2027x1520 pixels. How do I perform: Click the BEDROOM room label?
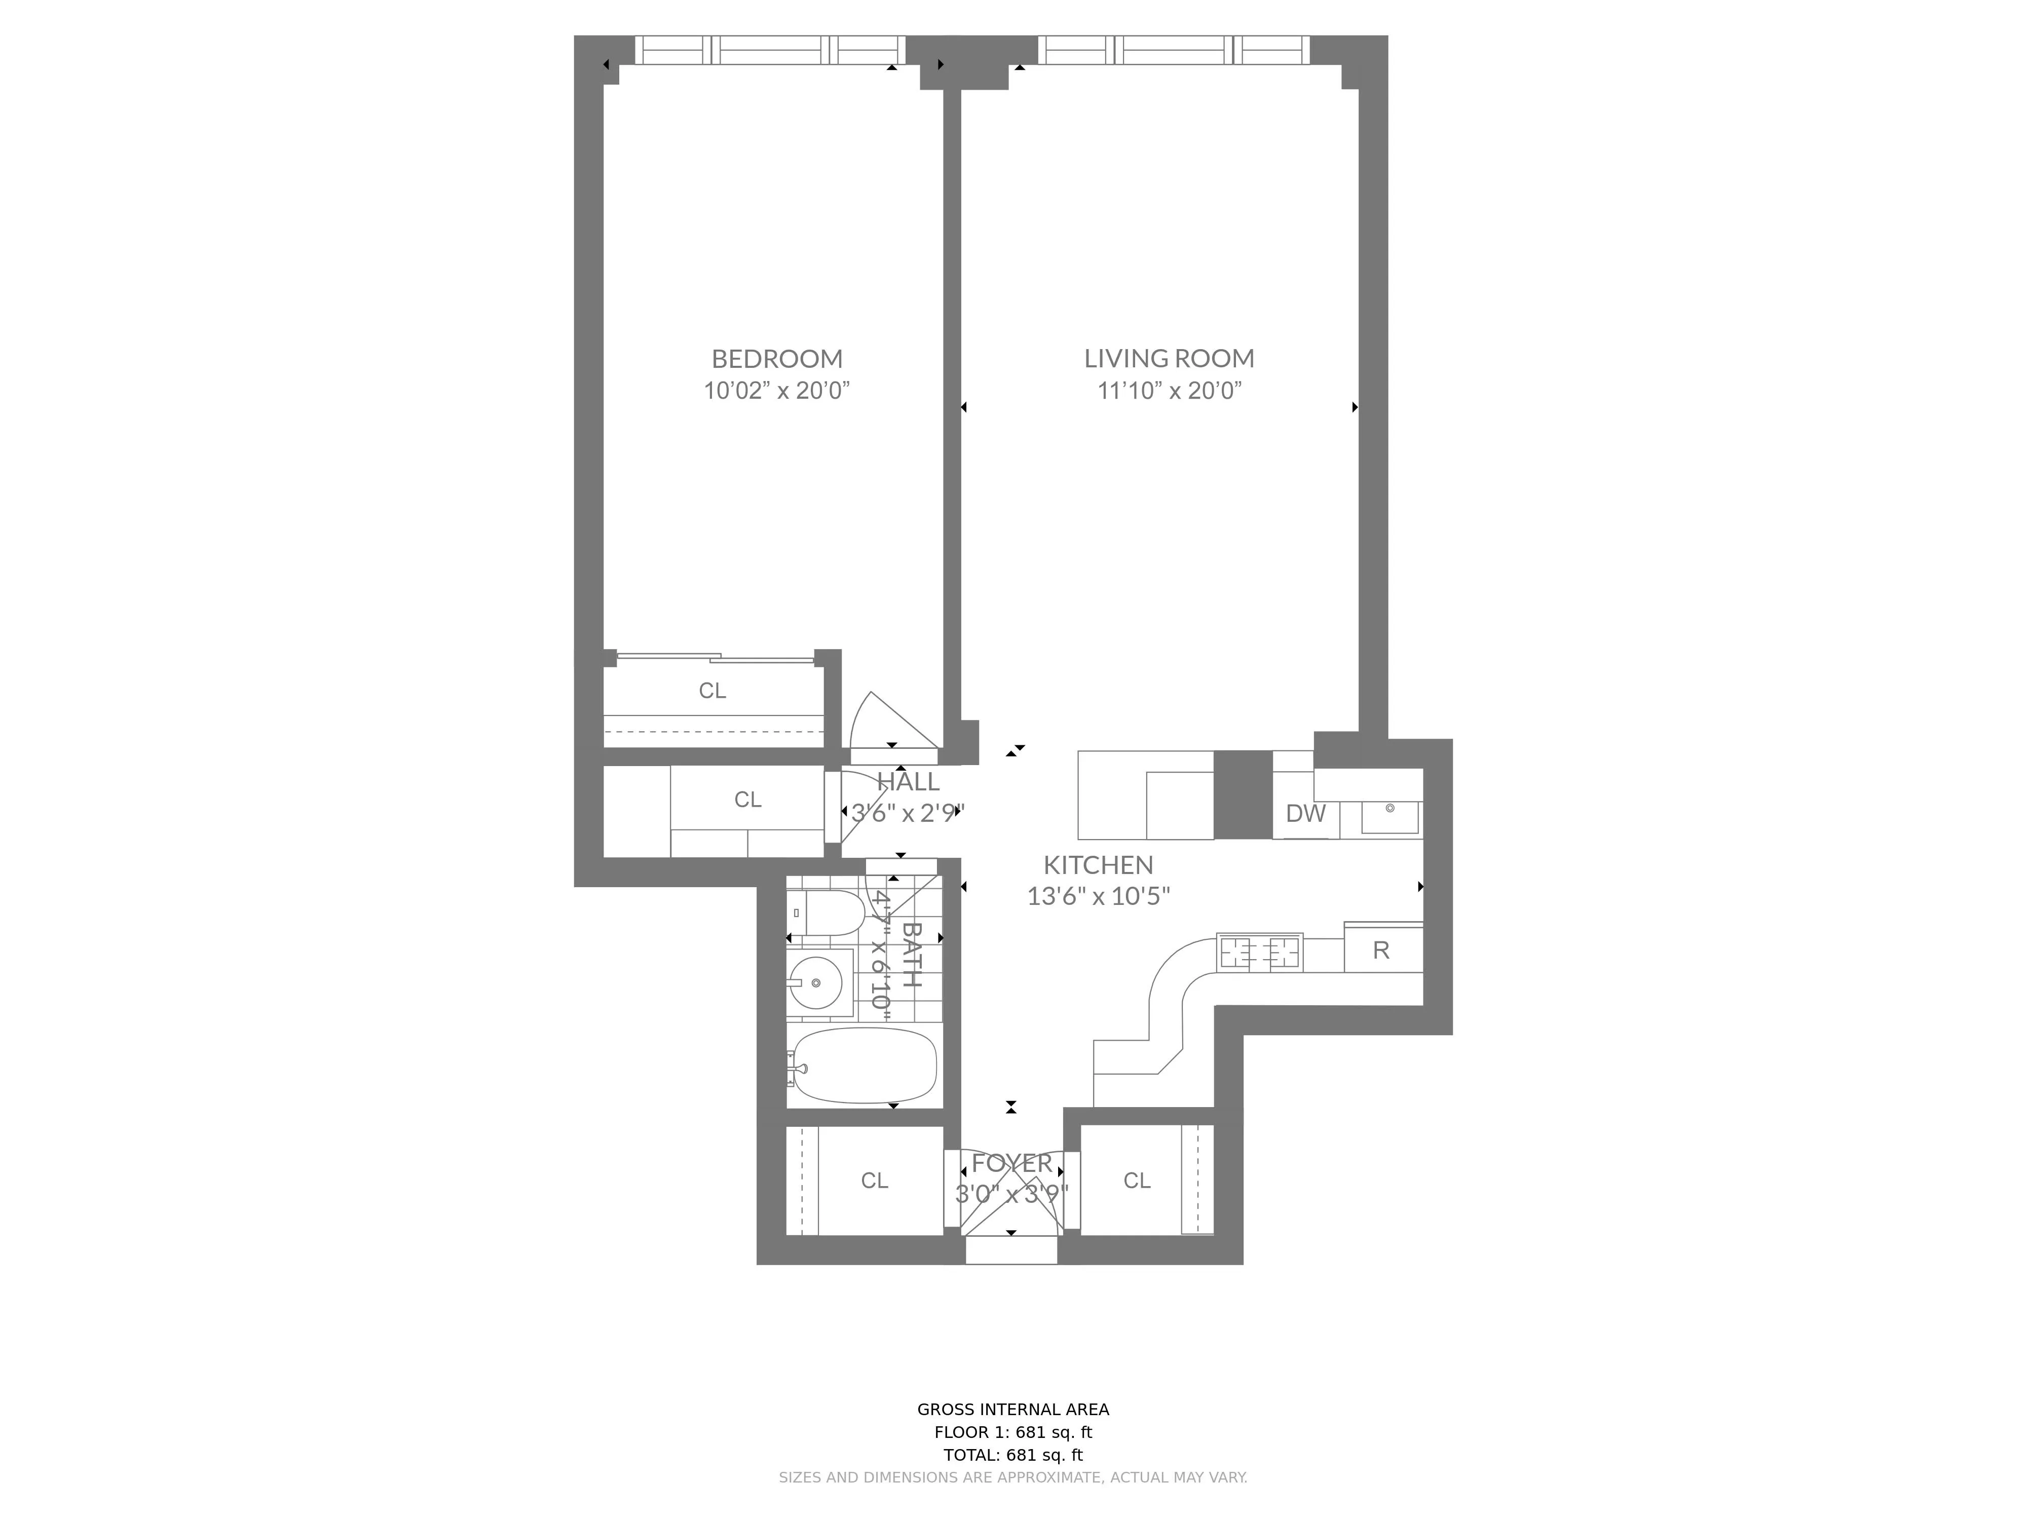776,358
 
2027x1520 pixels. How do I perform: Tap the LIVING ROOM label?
1169,358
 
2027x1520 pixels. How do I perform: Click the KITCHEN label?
1098,864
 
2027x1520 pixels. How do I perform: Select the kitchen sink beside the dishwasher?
1389,815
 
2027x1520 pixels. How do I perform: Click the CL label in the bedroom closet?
712,691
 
